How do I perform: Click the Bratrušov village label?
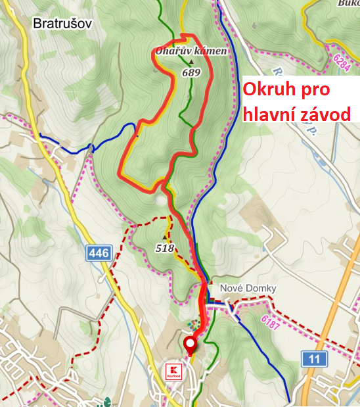click(62, 24)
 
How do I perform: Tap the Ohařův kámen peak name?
click(192, 51)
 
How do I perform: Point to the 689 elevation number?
click(191, 73)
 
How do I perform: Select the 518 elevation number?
click(165, 248)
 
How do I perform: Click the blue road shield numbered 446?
click(99, 252)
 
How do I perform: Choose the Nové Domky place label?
click(248, 289)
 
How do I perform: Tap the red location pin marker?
click(191, 345)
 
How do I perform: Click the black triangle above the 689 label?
click(191, 62)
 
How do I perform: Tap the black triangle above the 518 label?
click(164, 237)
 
